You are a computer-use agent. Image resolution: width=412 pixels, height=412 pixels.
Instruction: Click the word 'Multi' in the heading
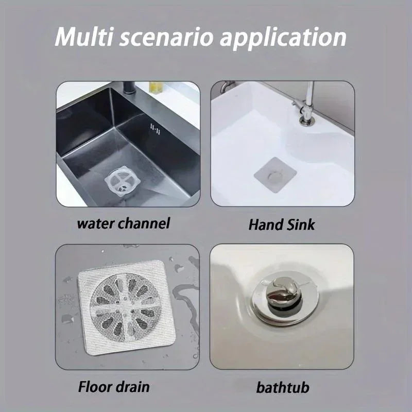[x=84, y=38]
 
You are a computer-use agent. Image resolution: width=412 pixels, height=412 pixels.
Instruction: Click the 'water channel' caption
[x=124, y=224]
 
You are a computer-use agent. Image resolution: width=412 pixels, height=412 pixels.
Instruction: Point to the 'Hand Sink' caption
[x=282, y=225]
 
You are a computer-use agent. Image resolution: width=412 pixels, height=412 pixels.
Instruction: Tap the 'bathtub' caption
[x=284, y=387]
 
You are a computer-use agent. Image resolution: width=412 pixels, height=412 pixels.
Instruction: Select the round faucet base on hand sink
[x=307, y=122]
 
